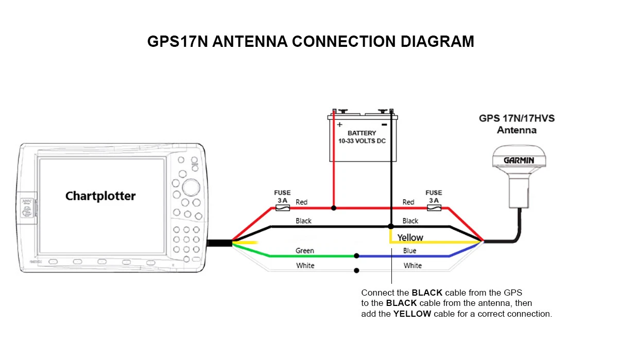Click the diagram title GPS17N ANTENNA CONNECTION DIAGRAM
311,42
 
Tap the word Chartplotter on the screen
100,196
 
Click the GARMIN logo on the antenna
519,160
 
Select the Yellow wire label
410,237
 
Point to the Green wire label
304,251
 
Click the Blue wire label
409,251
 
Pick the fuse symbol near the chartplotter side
283,208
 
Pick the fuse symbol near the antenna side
434,208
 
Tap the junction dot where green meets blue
356,256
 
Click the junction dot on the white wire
356,270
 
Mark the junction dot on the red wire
334,208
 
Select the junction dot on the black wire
391,227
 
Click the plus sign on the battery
339,125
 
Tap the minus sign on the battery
384,125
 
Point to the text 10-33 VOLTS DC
362,141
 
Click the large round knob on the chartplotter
191,187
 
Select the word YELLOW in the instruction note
412,314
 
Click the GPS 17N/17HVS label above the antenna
517,118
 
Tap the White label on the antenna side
413,266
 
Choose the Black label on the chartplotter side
303,221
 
